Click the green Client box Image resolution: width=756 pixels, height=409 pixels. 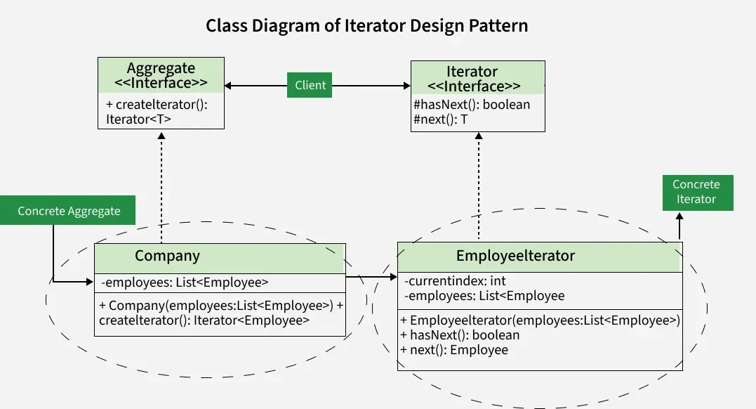point(310,85)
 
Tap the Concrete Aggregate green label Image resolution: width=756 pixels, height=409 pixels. point(69,211)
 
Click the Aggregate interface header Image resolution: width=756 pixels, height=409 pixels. point(161,76)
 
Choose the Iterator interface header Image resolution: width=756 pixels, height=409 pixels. point(477,78)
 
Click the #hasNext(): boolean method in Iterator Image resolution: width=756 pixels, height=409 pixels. point(472,105)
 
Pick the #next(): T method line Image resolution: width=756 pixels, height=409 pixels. point(441,119)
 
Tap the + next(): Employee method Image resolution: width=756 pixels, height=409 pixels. point(454,350)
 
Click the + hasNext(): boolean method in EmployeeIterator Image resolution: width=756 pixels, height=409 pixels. point(460,335)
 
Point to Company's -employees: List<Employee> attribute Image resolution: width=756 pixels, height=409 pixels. point(185,283)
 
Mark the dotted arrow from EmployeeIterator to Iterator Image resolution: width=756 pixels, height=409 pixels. point(479,186)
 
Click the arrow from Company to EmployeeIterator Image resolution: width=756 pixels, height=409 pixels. point(372,278)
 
